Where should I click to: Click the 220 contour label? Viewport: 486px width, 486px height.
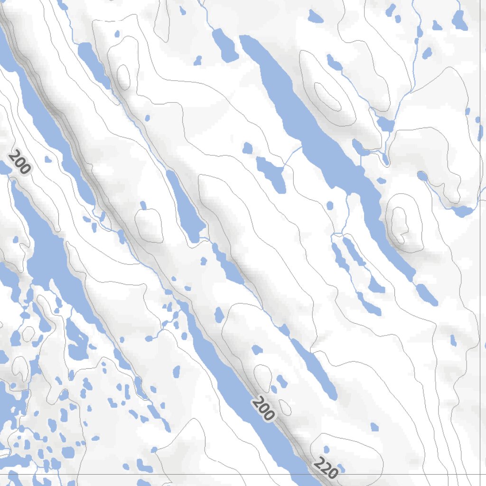[326, 468]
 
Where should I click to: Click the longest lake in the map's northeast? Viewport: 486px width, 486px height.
[323, 142]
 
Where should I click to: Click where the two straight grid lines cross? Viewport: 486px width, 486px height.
[480, 474]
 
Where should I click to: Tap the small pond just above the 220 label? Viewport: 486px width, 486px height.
[326, 449]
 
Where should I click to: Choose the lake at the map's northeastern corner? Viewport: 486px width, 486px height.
[459, 20]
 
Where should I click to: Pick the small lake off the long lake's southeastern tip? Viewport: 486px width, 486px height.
[426, 294]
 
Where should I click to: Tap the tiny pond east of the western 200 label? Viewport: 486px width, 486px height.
[47, 159]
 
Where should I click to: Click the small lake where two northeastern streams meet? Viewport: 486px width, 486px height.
[385, 124]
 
